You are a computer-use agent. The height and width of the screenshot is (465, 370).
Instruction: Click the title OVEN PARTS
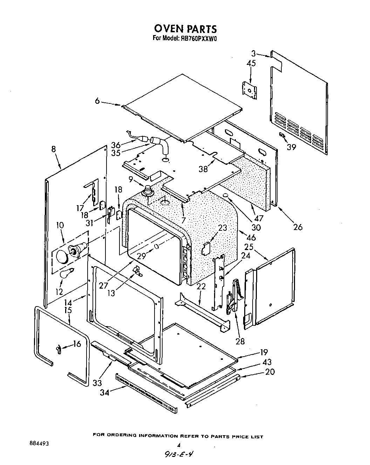pos(185,28)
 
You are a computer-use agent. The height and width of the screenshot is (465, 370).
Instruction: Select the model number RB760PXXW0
pos(199,39)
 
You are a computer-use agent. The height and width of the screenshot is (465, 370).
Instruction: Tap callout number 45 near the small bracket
pos(251,63)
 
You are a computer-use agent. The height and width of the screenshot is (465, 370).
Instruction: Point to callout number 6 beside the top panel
pos(97,101)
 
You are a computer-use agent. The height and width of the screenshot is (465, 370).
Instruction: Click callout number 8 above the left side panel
pos(53,149)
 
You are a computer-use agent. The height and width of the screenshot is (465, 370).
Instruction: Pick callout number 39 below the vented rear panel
pos(291,147)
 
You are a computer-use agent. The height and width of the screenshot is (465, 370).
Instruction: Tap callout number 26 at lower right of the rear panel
pos(297,227)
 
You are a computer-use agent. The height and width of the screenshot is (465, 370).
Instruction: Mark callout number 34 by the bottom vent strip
pos(104,392)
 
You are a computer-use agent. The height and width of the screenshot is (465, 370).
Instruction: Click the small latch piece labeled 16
pos(59,349)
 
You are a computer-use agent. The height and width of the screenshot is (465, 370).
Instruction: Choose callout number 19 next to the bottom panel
pos(264,352)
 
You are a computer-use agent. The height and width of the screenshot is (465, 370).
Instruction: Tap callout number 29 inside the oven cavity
pos(141,256)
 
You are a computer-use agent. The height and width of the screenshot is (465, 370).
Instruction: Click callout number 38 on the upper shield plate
pos(203,169)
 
